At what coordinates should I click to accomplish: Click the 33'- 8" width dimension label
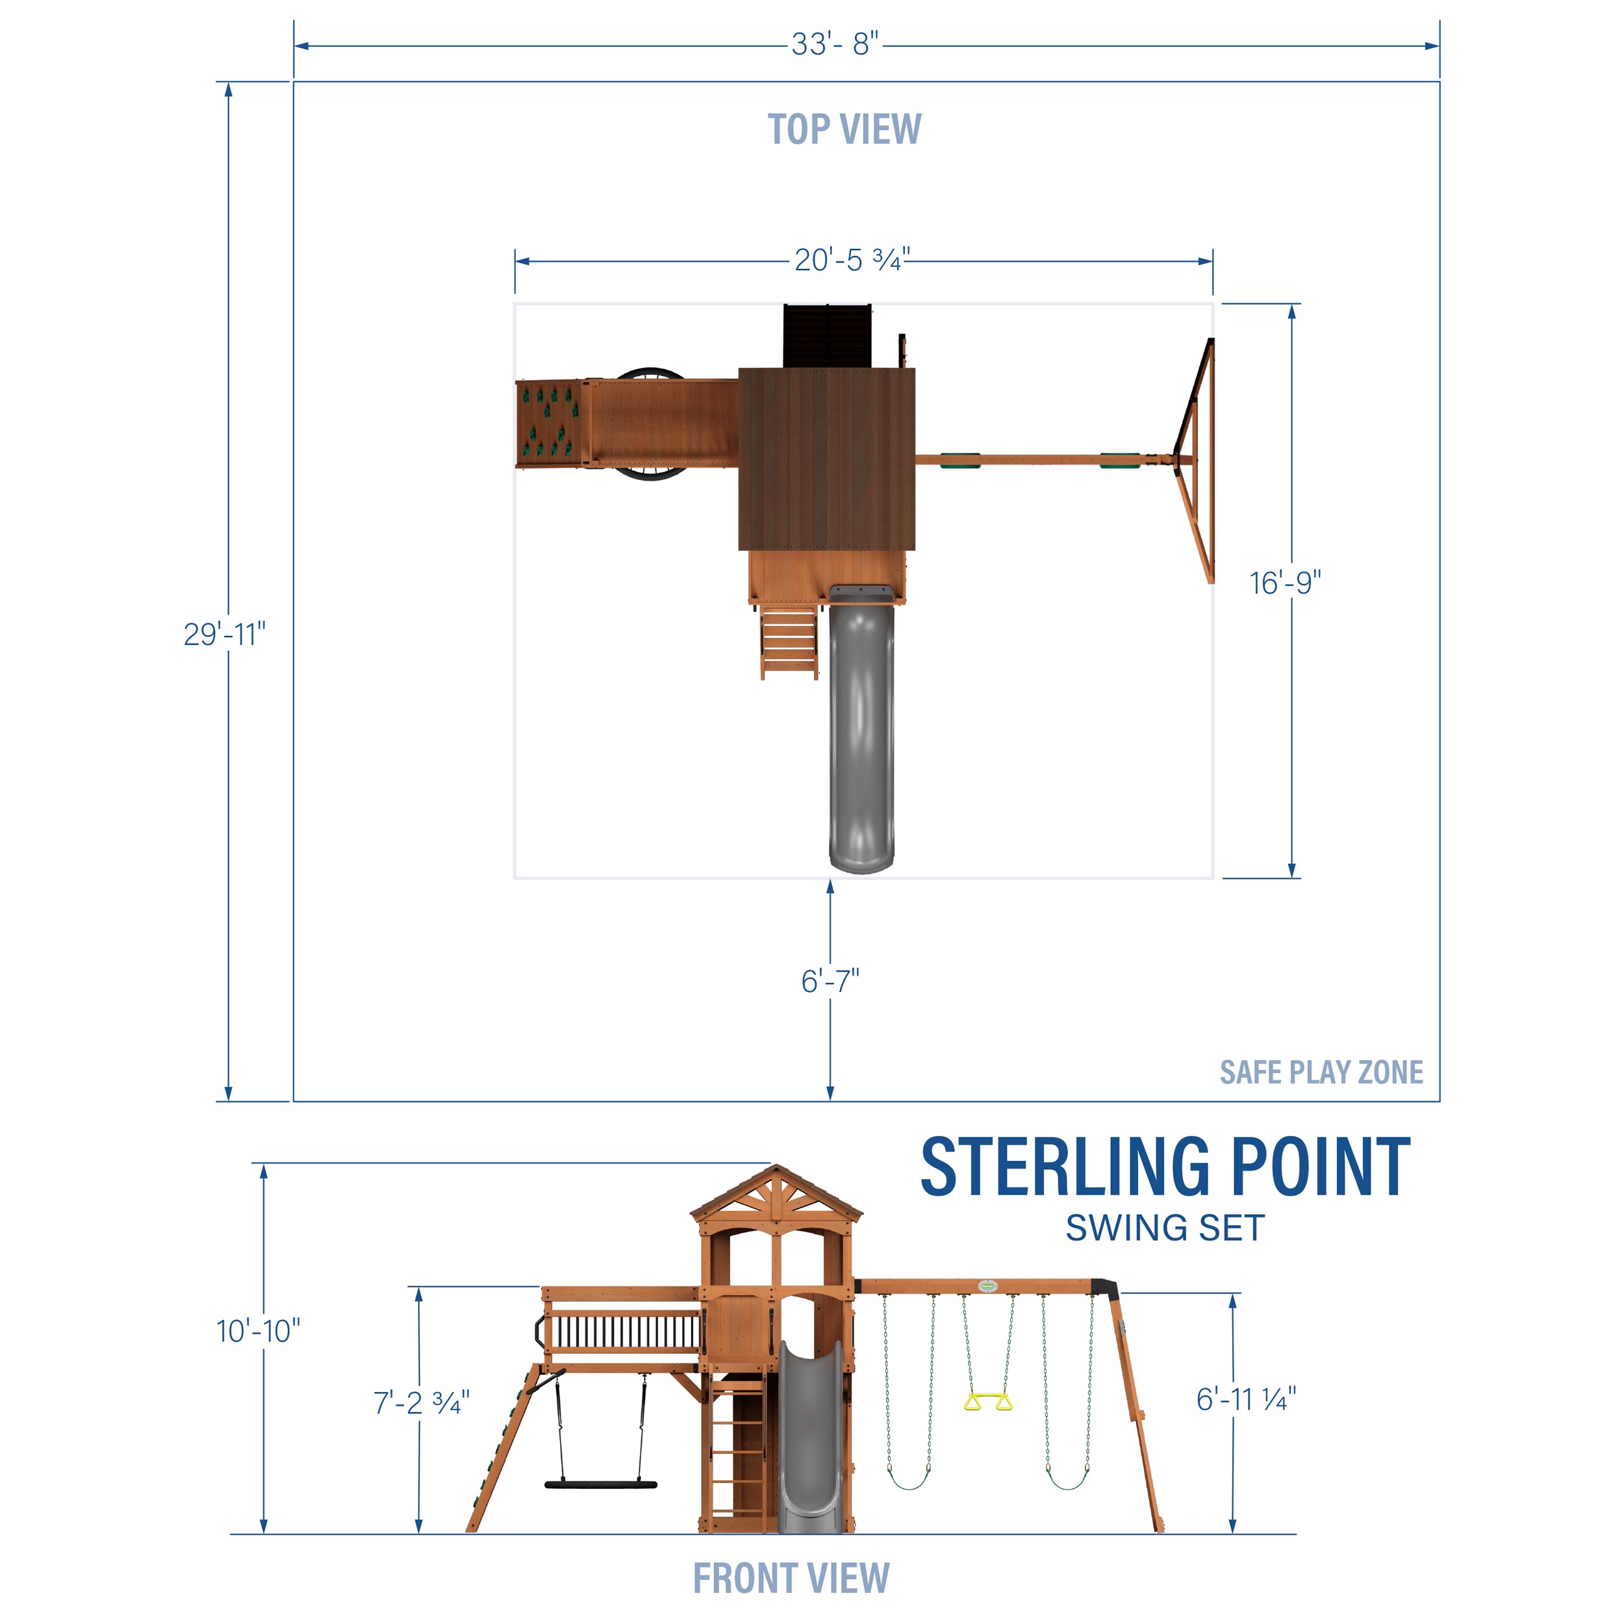[835, 45]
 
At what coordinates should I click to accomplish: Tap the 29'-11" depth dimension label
[224, 634]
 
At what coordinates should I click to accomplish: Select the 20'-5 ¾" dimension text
[852, 260]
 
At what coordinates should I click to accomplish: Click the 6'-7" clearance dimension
[830, 981]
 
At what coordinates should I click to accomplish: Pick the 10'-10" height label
[258, 1330]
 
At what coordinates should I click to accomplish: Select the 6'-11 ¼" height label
[1246, 1400]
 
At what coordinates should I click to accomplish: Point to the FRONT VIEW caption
[791, 1578]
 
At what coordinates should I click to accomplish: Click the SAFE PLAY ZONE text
[1321, 1072]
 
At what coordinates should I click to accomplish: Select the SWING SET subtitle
[1165, 1228]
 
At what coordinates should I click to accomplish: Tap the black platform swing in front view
[600, 1484]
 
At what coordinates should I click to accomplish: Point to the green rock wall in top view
[549, 424]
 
